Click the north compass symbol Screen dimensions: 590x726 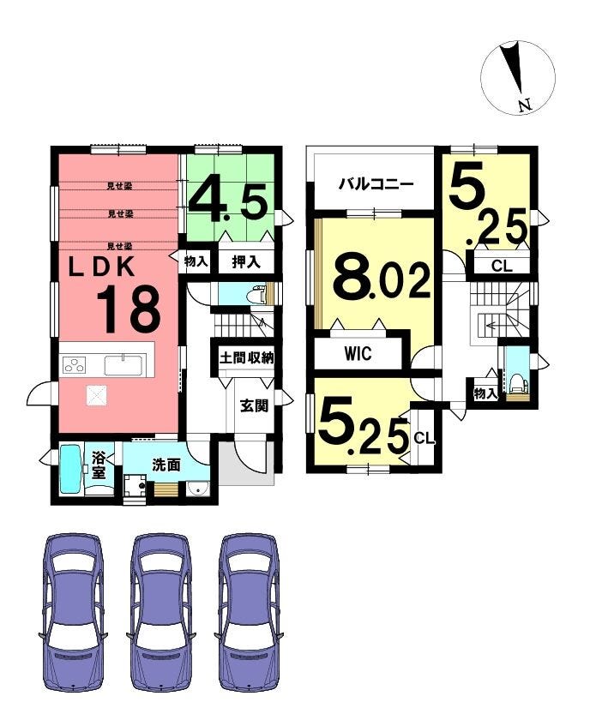pyautogui.click(x=517, y=77)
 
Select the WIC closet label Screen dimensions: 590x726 pyautogui.click(x=358, y=354)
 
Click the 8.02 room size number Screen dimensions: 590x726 pyautogui.click(x=382, y=278)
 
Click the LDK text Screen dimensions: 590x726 pyautogui.click(x=102, y=267)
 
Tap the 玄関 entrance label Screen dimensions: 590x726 pyautogui.click(x=254, y=405)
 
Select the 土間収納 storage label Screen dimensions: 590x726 pyautogui.click(x=247, y=358)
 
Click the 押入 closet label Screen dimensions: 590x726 pyautogui.click(x=246, y=262)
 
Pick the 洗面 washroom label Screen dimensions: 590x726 pyautogui.click(x=166, y=465)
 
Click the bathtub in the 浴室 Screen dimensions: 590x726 pyautogui.click(x=72, y=470)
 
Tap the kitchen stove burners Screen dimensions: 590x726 pyautogui.click(x=75, y=365)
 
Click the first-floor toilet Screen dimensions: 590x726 pyautogui.click(x=257, y=294)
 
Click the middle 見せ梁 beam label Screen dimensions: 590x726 pyautogui.click(x=120, y=214)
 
